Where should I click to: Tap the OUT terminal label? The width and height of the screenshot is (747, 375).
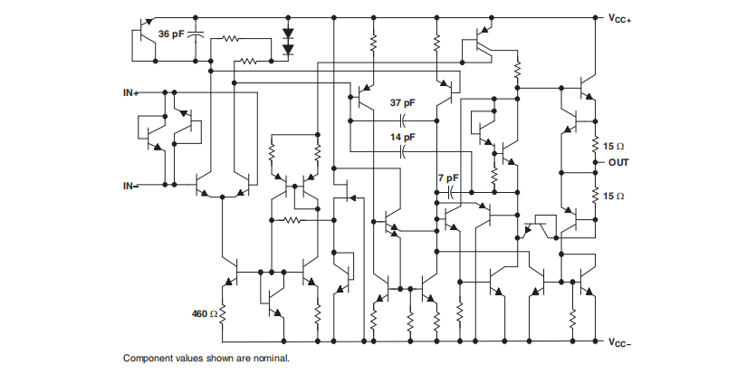[618, 162]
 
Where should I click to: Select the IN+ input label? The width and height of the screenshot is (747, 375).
[130, 92]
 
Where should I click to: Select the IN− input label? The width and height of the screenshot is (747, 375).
[130, 186]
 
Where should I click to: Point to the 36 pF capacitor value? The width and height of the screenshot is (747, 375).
[173, 34]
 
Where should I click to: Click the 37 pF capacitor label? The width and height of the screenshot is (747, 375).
[403, 103]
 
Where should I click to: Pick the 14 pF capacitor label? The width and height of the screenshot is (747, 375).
[403, 137]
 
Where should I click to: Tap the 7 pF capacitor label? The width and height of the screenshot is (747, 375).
[447, 177]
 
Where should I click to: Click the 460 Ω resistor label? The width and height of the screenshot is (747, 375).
[205, 313]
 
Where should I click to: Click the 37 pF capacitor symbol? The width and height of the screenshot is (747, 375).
[403, 120]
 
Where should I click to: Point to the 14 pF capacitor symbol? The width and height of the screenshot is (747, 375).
[403, 152]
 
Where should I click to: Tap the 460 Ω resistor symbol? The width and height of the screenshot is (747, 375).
[222, 313]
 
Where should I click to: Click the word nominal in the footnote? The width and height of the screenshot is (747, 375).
[270, 359]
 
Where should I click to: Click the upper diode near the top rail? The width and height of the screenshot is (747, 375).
[288, 34]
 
